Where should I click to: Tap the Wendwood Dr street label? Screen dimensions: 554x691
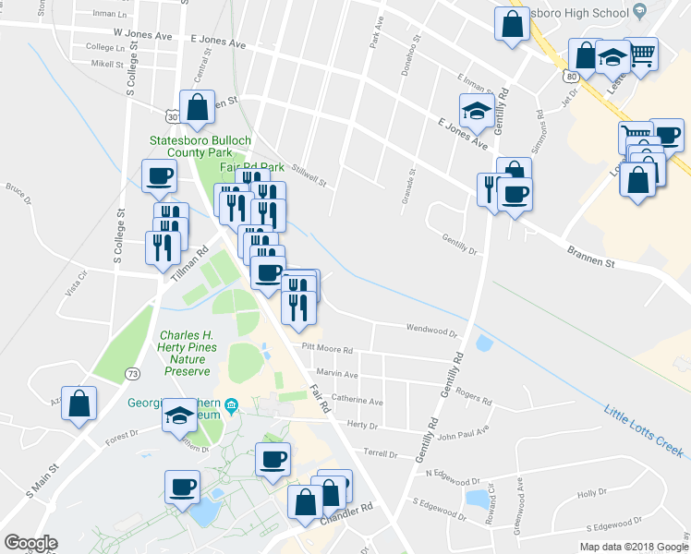pos(431,329)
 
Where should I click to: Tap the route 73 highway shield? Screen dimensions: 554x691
pos(134,373)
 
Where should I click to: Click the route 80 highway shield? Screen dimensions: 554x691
pos(574,76)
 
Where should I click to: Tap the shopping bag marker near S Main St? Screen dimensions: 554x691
pos(79,403)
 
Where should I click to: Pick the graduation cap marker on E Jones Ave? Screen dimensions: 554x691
pos(477,110)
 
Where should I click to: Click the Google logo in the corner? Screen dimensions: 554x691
pos(30,543)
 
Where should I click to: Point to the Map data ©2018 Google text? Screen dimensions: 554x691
pos(633,547)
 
